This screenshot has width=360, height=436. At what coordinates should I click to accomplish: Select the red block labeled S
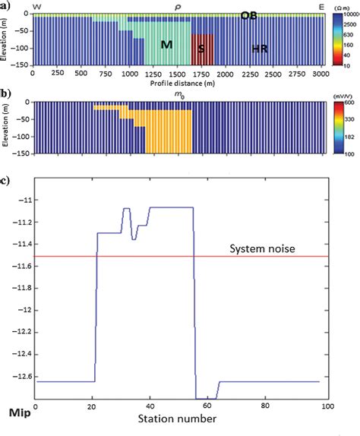201,49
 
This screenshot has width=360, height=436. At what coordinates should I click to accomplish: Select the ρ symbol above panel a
178,6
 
